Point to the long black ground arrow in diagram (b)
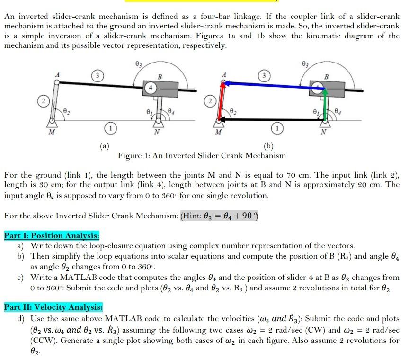pos(270,120)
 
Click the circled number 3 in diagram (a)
pos(96,76)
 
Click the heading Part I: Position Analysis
pos(52,235)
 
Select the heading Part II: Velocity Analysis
pos(53,307)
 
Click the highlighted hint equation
pos(219,216)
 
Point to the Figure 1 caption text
pos(202,155)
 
